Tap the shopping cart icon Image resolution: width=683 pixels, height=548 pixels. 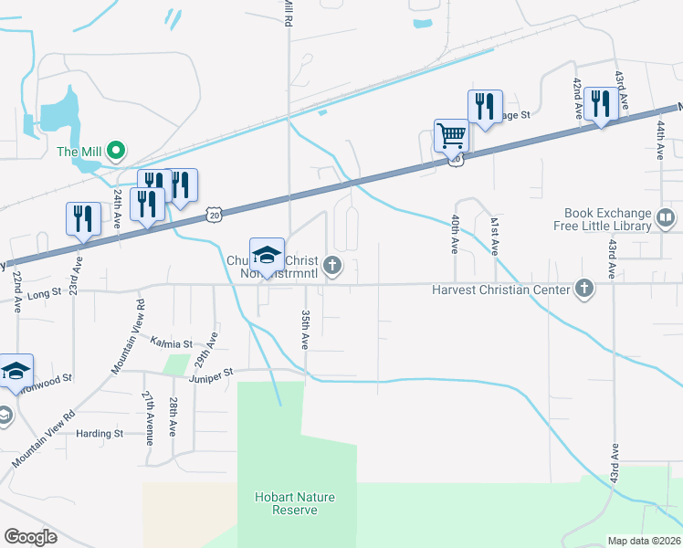(x=451, y=137)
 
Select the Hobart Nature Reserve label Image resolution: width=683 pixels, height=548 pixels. (x=295, y=503)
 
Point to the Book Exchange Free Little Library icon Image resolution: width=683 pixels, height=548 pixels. (x=666, y=218)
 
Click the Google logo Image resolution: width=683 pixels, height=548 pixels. (x=31, y=537)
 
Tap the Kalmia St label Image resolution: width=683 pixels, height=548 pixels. (x=172, y=344)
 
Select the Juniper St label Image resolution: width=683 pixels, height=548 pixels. (x=212, y=373)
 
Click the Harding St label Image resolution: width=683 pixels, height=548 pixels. (x=100, y=434)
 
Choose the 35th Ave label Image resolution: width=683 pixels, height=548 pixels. (x=305, y=328)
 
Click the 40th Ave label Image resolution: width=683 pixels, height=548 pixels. (x=454, y=235)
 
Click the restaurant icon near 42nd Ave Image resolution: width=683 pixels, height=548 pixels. (x=601, y=105)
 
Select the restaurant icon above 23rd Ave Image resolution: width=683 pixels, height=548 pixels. (x=83, y=220)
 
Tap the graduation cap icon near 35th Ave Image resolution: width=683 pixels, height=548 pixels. (x=268, y=255)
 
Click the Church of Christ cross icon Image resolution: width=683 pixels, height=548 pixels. (x=333, y=267)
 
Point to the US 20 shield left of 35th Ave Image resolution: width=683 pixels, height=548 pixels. (x=214, y=212)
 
